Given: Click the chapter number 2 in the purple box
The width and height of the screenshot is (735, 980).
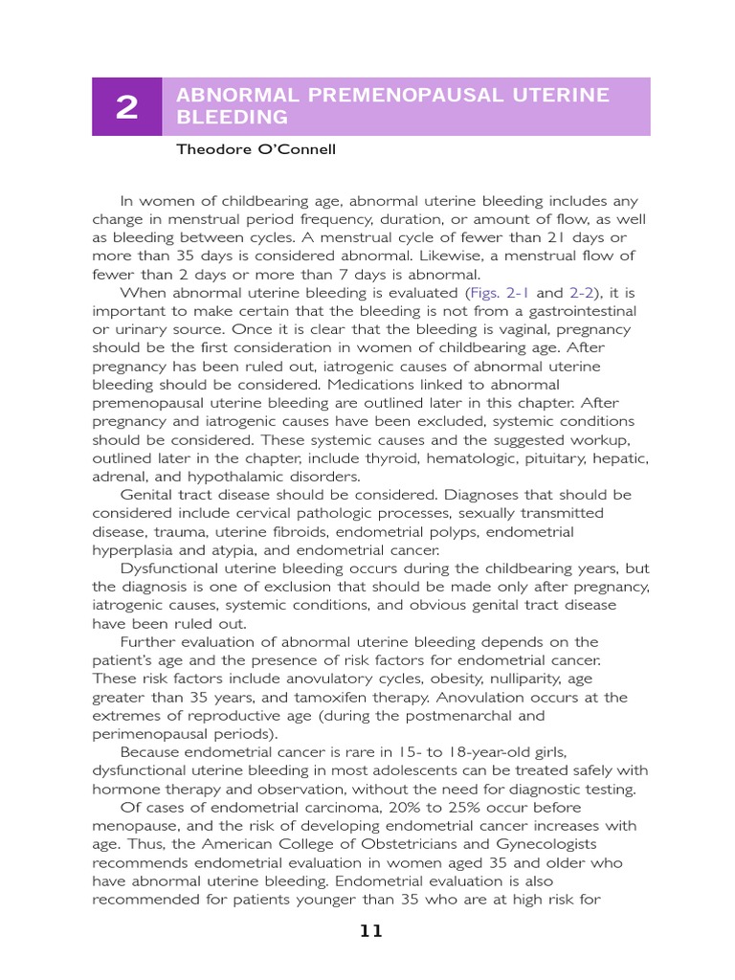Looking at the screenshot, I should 126,107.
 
